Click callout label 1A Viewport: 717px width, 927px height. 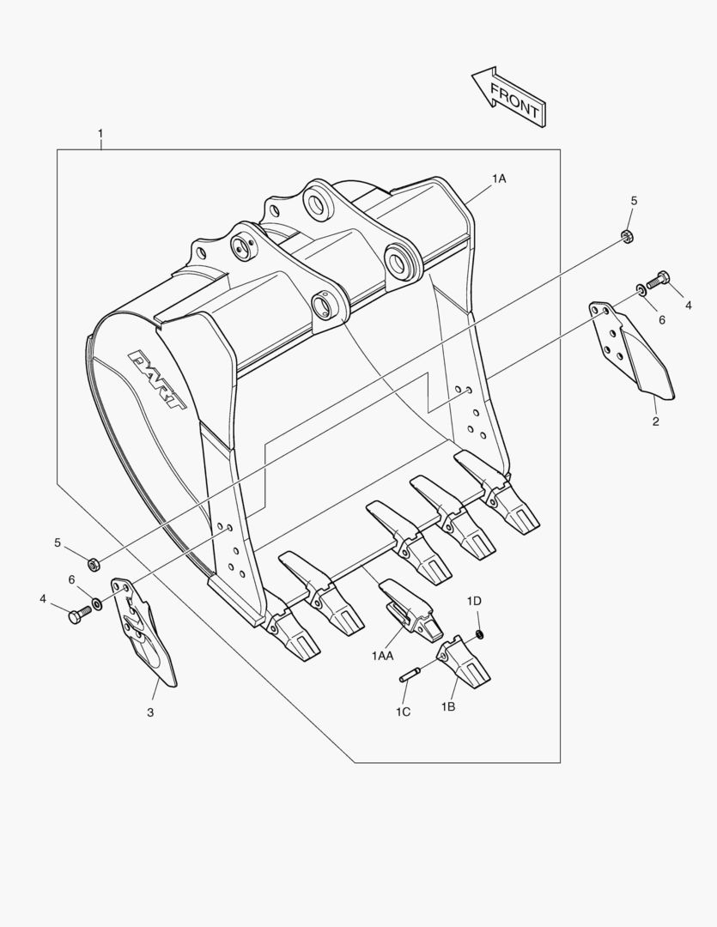click(499, 179)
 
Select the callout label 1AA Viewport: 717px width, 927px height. click(382, 656)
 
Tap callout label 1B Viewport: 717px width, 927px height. click(448, 706)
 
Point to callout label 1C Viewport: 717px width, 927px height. click(403, 712)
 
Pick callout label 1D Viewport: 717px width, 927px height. click(474, 600)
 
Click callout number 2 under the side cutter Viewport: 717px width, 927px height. click(655, 421)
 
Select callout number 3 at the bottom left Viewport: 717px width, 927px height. click(150, 712)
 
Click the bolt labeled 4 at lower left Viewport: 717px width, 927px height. click(77, 615)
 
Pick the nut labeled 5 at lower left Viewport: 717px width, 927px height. click(95, 564)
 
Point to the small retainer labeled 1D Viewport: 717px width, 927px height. click(479, 633)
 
